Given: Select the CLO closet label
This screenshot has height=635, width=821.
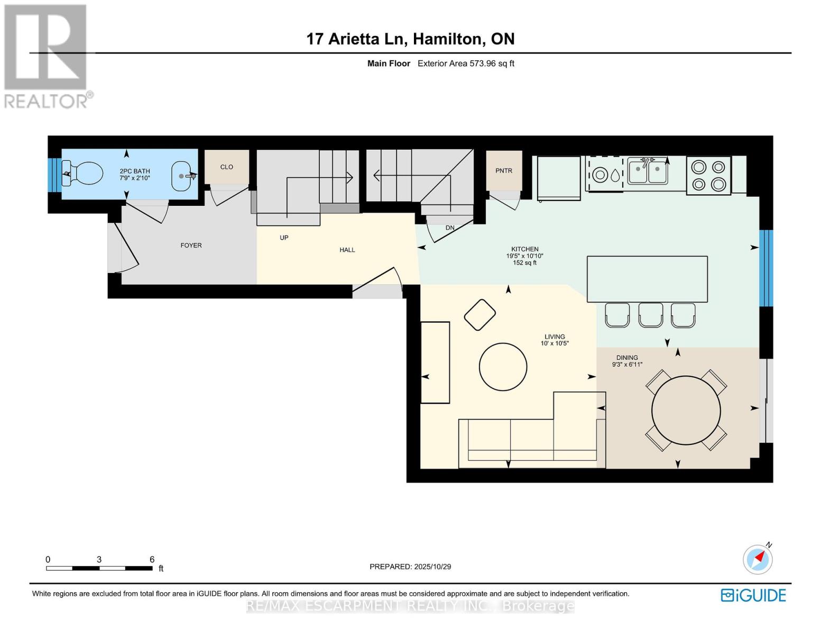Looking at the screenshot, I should [x=226, y=167].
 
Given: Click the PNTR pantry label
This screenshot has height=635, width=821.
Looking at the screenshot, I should [x=504, y=171].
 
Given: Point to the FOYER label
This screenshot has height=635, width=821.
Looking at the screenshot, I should [x=191, y=246].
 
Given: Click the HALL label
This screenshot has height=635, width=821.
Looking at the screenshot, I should [x=347, y=250].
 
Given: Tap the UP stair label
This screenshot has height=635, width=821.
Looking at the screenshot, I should [x=284, y=238].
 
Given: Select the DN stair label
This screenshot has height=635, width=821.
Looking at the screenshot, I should [x=450, y=228].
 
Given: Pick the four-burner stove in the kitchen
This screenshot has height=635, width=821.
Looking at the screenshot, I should [x=708, y=176].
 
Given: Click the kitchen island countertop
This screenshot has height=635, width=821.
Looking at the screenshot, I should [x=647, y=279].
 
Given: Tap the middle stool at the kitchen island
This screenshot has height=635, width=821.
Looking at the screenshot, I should [x=650, y=315].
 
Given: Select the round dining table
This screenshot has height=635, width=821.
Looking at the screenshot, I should [x=686, y=410].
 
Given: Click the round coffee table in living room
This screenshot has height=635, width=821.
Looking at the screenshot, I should [x=503, y=367].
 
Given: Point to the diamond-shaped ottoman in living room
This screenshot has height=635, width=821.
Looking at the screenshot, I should [x=479, y=315].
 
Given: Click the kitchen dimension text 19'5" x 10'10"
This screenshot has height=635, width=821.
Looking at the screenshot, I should [x=524, y=256].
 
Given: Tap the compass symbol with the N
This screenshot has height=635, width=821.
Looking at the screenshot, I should [x=758, y=559].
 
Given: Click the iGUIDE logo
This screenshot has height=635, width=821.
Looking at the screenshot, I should [x=753, y=595].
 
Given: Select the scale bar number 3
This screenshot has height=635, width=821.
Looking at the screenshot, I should [x=99, y=559].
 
